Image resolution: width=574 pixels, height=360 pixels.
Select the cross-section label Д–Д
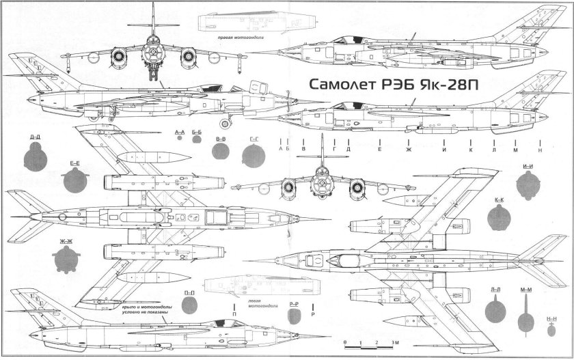click(x=35, y=137)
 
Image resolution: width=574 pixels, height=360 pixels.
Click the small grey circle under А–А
click(x=180, y=138)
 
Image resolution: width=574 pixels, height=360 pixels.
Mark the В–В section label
click(x=221, y=139)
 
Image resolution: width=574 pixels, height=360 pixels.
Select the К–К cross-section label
click(x=500, y=200)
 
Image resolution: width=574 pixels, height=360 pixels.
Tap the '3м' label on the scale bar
click(x=394, y=341)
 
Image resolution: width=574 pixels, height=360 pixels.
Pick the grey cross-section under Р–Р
click(x=295, y=316)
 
